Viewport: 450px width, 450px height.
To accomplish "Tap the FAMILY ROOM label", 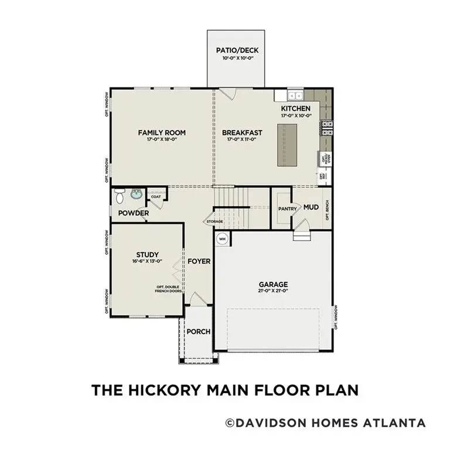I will (x=158, y=132).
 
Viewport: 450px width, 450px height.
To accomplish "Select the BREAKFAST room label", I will (x=242, y=132).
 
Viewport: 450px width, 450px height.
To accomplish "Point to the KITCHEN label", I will (x=296, y=109).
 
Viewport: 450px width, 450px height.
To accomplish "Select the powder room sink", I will (x=137, y=194).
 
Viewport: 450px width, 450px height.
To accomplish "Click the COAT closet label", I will (x=155, y=197).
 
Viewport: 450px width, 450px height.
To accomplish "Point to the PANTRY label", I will (x=287, y=208).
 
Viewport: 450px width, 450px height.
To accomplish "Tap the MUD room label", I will (x=311, y=207).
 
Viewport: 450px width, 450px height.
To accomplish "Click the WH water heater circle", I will (x=223, y=238).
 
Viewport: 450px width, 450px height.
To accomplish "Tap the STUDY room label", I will (x=148, y=254).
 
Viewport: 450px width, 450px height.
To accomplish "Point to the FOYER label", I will (x=199, y=261).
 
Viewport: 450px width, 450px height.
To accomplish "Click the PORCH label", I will (x=198, y=332).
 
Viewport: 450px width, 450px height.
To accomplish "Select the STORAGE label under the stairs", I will (x=214, y=221).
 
